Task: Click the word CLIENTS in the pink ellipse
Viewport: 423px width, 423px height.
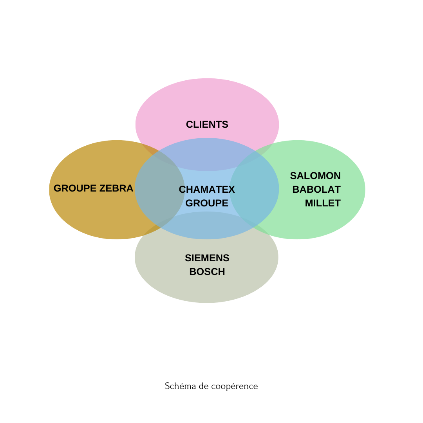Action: [x=207, y=125]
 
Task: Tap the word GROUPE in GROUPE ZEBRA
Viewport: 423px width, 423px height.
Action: [x=75, y=188]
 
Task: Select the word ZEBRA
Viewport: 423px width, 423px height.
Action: [x=116, y=188]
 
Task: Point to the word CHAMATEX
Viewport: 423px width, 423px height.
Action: [x=207, y=190]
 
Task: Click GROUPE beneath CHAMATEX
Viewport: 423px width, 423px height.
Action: [x=207, y=203]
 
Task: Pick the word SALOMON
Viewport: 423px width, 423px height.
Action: [x=315, y=175]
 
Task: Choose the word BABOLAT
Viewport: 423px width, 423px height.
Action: [x=316, y=190]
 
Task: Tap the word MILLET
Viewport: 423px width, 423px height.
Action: [x=323, y=203]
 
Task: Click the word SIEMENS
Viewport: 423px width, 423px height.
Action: [x=207, y=258]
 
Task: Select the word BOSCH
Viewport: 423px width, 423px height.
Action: [x=207, y=272]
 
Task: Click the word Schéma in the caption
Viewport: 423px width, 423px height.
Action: [x=181, y=386]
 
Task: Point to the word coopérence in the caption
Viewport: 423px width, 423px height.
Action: [x=235, y=386]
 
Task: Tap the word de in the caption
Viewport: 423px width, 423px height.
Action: [x=203, y=386]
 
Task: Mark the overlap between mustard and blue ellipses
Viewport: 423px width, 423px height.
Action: [x=160, y=189]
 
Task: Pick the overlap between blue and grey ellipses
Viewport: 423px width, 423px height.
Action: [x=207, y=226]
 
